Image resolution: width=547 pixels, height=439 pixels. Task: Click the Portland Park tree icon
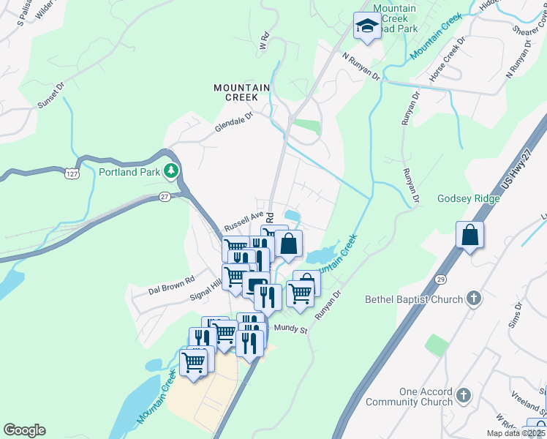[172, 171]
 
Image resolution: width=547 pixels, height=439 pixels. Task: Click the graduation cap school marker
[365, 27]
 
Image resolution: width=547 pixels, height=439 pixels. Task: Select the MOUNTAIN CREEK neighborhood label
[241, 92]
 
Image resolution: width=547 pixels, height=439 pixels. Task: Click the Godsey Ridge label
[468, 198]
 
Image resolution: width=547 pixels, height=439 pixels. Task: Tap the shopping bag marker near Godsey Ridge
[469, 236]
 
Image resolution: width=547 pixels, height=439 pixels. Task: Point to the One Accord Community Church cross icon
[463, 397]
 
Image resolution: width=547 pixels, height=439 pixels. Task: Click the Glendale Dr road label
[233, 122]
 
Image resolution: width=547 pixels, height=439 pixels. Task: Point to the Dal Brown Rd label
[170, 279]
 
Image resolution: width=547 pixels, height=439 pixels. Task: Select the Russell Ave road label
[243, 218]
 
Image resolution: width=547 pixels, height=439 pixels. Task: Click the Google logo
[24, 430]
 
